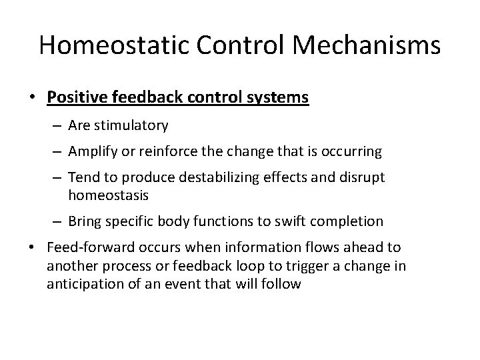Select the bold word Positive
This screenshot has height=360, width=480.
(x=73, y=97)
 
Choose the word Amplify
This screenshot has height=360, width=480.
(x=92, y=152)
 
